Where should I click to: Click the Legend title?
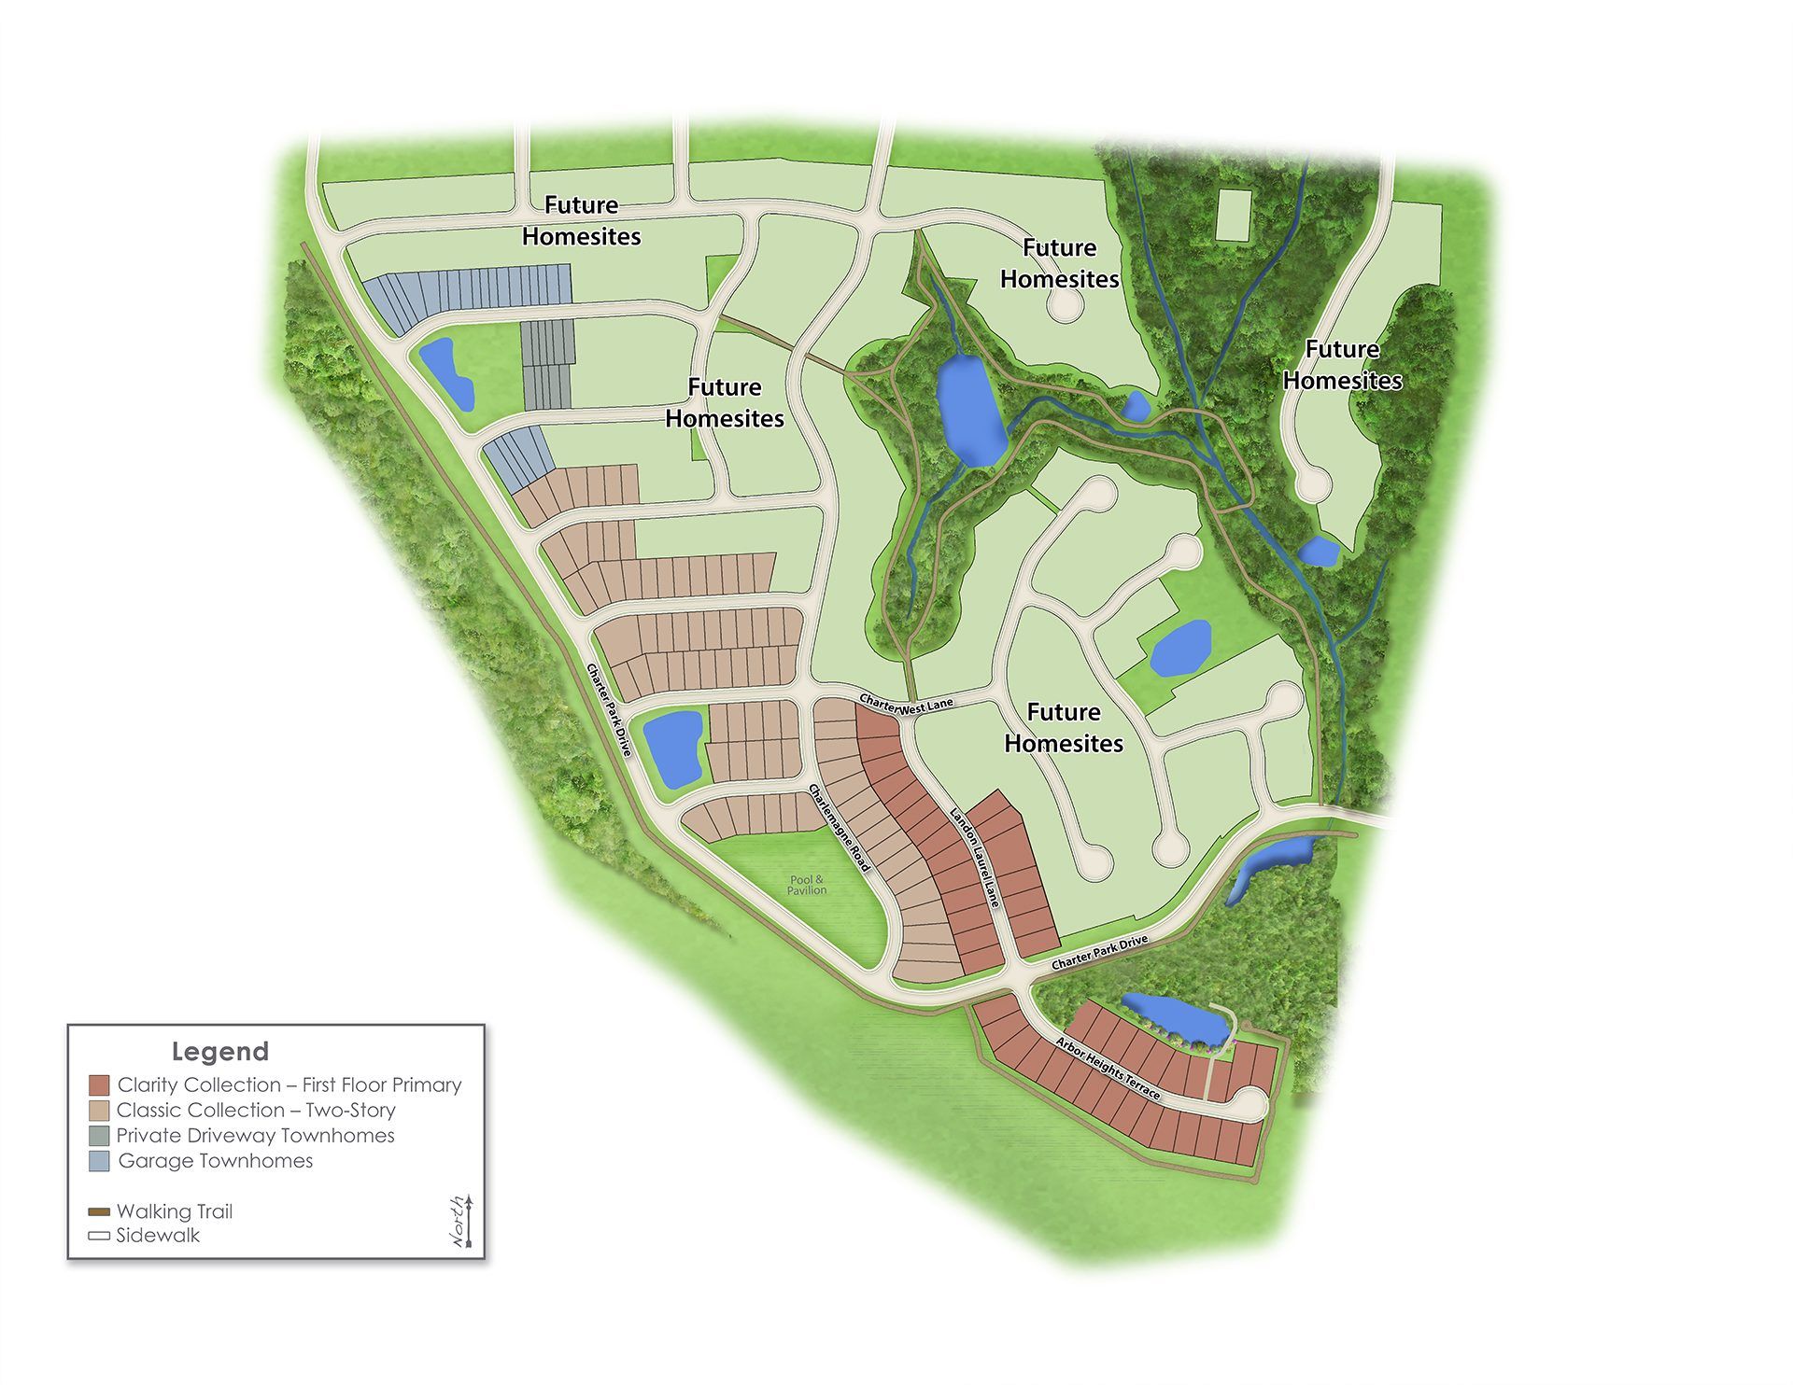point(220,1052)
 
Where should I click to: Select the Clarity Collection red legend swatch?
point(99,1085)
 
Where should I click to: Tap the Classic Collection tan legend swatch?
point(99,1111)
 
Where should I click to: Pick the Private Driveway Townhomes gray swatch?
point(99,1136)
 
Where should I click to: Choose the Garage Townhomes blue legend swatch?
point(99,1161)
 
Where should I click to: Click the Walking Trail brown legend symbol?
point(99,1212)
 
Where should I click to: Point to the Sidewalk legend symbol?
point(99,1236)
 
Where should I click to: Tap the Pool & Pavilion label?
point(807,885)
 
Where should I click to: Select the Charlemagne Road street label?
point(840,828)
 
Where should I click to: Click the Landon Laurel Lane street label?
point(975,856)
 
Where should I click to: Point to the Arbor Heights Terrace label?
point(1108,1068)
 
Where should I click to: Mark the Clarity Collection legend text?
point(289,1085)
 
